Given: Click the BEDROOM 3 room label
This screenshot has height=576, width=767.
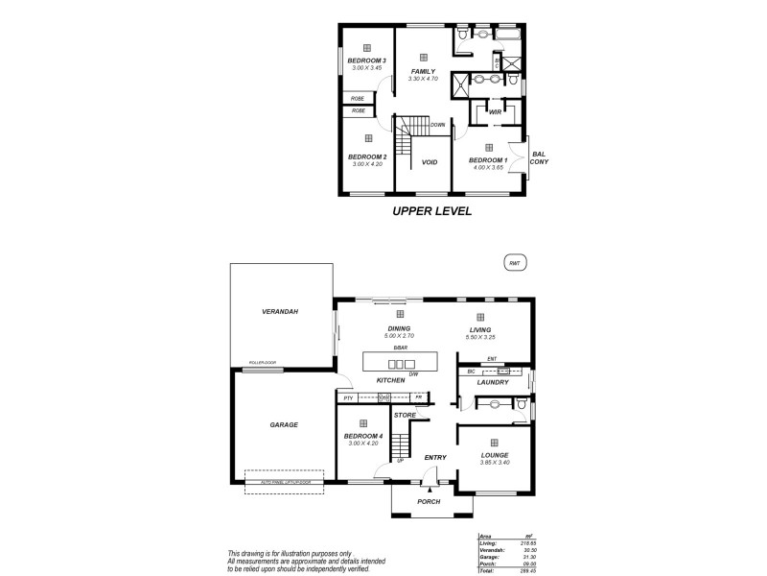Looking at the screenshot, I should coord(366,60).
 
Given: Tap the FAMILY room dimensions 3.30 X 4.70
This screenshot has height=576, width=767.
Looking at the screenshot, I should coord(423,79).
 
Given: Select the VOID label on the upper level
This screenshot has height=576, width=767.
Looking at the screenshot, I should coord(430,162).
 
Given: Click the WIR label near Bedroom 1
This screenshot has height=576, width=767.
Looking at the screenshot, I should coord(495,112).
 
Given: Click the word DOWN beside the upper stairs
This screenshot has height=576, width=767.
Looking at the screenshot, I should coord(437,125).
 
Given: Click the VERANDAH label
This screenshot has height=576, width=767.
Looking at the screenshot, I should coord(281,313).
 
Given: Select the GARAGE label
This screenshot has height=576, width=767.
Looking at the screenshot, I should coord(284,424).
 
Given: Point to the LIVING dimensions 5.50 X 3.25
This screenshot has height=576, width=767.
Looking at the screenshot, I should coord(480,337).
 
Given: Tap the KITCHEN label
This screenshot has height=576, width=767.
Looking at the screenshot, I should coord(390,381).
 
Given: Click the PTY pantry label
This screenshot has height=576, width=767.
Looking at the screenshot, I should coord(349,397).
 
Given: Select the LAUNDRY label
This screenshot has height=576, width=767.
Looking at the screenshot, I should coord(493,382).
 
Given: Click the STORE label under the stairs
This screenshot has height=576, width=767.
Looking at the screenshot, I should coord(405,415).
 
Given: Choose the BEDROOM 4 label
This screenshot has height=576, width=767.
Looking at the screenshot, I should coord(362,437).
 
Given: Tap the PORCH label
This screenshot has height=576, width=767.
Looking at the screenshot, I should coord(429,502).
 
